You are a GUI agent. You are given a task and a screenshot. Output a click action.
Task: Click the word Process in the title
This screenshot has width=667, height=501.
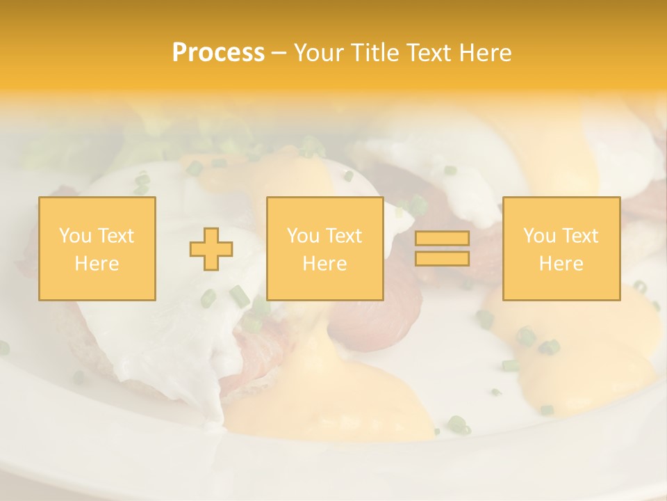[218, 53]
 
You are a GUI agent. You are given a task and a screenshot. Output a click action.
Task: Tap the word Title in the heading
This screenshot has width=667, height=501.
[374, 53]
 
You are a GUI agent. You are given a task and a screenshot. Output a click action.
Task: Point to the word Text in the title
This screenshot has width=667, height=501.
[430, 53]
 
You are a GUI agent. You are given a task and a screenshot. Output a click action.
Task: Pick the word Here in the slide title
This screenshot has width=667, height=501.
[486, 53]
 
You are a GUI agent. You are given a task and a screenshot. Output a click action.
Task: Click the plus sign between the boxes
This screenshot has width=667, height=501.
[211, 249]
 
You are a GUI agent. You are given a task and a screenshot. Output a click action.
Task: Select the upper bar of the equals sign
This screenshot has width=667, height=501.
[442, 239]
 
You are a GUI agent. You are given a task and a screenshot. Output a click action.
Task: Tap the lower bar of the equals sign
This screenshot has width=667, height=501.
[442, 258]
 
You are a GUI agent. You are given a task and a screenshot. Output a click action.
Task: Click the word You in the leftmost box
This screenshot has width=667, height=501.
[74, 236]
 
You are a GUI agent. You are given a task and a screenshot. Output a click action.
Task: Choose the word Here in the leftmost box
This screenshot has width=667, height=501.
[97, 264]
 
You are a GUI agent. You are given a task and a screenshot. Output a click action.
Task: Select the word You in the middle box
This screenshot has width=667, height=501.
[303, 236]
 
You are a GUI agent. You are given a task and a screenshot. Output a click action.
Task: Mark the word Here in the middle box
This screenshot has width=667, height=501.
[324, 264]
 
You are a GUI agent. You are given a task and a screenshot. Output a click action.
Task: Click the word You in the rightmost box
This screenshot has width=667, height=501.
[539, 236]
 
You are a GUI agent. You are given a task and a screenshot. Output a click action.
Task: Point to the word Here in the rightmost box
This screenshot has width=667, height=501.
[561, 264]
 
